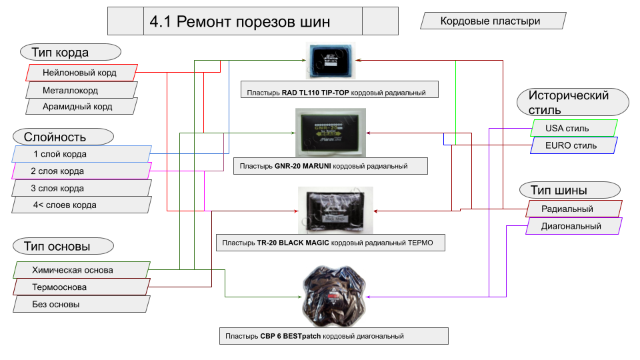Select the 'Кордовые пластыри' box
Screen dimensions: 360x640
[x=490, y=21]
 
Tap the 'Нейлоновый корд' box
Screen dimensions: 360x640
[x=80, y=73]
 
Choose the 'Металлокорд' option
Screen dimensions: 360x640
[x=80, y=90]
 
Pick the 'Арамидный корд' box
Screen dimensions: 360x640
[x=80, y=107]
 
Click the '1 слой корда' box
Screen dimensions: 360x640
[x=80, y=154]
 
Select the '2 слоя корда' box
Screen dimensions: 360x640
[x=80, y=171]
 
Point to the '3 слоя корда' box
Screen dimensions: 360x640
[x=80, y=189]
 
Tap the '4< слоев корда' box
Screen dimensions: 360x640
[x=80, y=205]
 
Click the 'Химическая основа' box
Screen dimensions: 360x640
[x=80, y=270]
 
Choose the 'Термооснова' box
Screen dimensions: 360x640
[x=80, y=287]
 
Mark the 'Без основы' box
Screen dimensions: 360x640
[x=80, y=304]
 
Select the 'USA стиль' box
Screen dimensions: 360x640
[x=573, y=128]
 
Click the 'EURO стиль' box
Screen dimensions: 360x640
[x=573, y=145]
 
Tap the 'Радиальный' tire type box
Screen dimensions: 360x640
[x=573, y=209]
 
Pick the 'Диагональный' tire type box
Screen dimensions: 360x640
[x=573, y=226]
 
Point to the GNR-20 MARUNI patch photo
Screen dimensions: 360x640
[x=331, y=132]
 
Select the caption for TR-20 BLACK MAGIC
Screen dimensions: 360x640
[x=331, y=243]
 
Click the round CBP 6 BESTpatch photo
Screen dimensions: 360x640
[x=333, y=293]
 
